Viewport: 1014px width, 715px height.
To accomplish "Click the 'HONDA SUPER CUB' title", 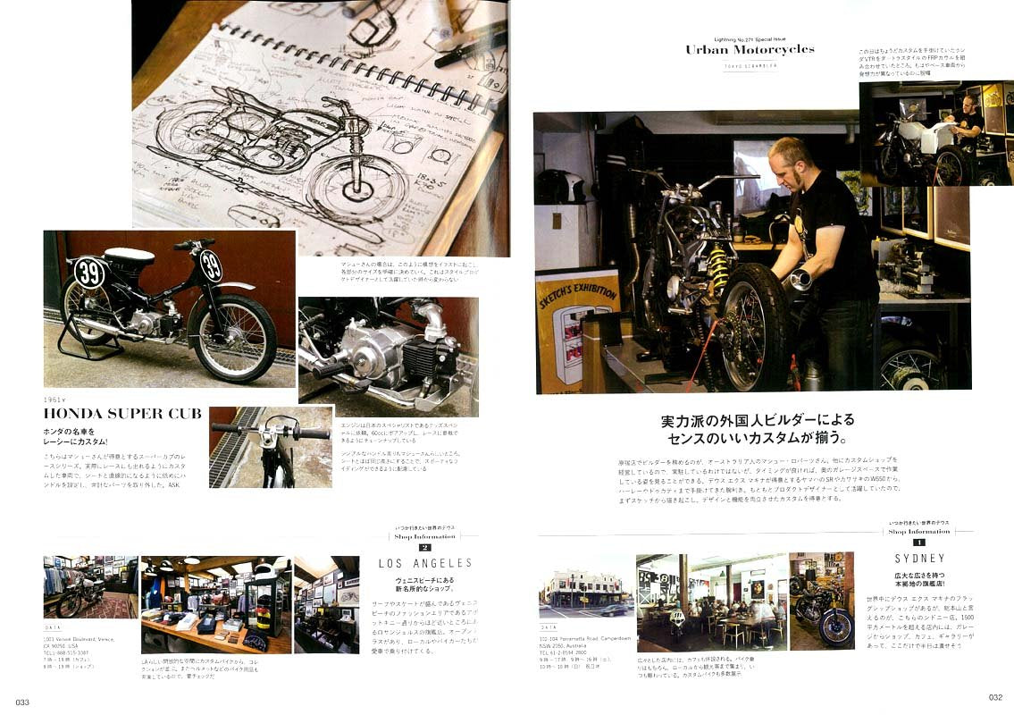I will click(x=122, y=413).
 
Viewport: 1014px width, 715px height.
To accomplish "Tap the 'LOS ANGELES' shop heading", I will click(x=425, y=563).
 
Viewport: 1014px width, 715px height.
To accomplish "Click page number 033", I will click(x=22, y=702).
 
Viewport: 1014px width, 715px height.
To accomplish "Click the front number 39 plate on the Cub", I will click(x=211, y=266).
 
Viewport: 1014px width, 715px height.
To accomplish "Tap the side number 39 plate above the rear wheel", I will click(x=88, y=272).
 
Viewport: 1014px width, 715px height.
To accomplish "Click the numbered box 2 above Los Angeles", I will click(x=424, y=547).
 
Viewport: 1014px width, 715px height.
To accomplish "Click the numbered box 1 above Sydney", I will click(x=918, y=542).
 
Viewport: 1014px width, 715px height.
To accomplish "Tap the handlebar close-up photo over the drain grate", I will click(x=271, y=447).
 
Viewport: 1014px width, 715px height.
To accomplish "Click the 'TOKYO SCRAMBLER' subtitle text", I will click(x=750, y=66).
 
